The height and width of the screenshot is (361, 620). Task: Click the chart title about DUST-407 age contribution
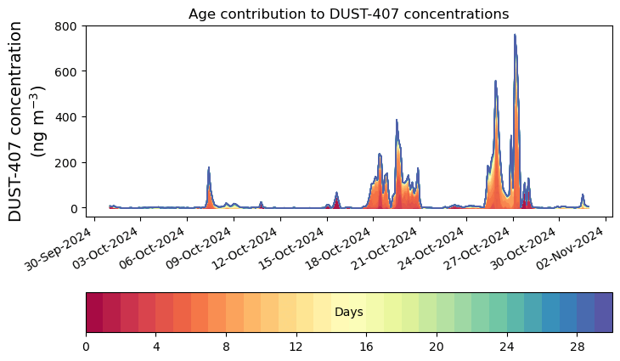pos(348,14)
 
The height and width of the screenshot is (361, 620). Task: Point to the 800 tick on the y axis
pos(66,26)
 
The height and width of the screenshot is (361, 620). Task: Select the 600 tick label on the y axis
pos(66,71)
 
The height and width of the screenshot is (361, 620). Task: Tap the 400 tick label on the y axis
pos(66,117)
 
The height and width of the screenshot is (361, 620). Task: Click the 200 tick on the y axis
pos(66,162)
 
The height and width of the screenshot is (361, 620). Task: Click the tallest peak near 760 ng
pos(515,36)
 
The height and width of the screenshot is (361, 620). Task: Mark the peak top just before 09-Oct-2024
pos(209,168)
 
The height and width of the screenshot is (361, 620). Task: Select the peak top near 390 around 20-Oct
pos(397,121)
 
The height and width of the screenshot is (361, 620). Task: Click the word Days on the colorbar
pos(349,313)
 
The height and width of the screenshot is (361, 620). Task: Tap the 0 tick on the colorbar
pos(86,347)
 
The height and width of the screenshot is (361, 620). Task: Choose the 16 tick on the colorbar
pos(367,347)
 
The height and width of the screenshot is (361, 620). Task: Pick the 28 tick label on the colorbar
pos(577,347)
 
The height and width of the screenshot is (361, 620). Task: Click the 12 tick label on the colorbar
pos(296,347)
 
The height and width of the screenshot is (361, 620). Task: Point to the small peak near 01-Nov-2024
pos(583,195)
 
